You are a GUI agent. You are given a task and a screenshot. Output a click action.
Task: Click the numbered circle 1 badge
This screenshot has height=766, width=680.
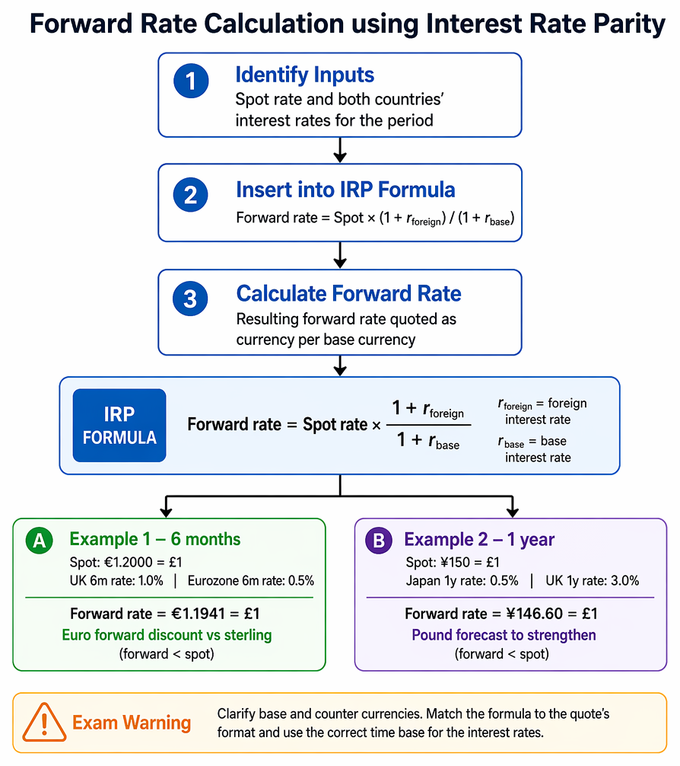pyautogui.click(x=191, y=81)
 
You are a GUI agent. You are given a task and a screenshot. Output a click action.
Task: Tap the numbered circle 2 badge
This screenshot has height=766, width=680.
pyautogui.click(x=190, y=194)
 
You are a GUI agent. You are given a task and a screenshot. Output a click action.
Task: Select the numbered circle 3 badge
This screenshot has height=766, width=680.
pyautogui.click(x=190, y=298)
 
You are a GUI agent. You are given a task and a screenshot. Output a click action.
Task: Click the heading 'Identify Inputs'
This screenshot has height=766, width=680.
pyautogui.click(x=304, y=75)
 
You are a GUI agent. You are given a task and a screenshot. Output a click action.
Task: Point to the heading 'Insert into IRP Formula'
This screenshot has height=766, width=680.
pyautogui.click(x=345, y=190)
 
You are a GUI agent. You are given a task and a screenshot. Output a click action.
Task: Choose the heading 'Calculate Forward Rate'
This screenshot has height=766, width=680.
pyautogui.click(x=348, y=294)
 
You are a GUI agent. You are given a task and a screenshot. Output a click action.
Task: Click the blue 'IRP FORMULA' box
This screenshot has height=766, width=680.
pyautogui.click(x=119, y=426)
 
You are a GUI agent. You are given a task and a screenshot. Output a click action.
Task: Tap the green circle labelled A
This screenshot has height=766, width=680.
pyautogui.click(x=39, y=541)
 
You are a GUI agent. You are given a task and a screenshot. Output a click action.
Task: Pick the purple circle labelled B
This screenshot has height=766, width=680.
pyautogui.click(x=379, y=541)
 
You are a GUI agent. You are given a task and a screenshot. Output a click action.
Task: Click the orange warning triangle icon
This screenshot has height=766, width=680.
pyautogui.click(x=44, y=723)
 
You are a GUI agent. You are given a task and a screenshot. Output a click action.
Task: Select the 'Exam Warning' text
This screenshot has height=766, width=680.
pyautogui.click(x=132, y=723)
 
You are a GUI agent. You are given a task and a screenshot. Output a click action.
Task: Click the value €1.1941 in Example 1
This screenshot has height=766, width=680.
pyautogui.click(x=199, y=614)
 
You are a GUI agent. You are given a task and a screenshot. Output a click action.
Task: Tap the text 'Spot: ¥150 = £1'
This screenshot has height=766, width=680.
pyautogui.click(x=453, y=562)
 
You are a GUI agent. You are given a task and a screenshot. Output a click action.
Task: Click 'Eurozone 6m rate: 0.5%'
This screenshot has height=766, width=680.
pyautogui.click(x=251, y=581)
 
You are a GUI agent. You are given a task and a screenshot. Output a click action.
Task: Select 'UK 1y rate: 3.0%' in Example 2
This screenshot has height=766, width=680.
pyautogui.click(x=592, y=581)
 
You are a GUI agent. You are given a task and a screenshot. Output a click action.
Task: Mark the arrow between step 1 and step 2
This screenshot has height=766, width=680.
pyautogui.click(x=340, y=150)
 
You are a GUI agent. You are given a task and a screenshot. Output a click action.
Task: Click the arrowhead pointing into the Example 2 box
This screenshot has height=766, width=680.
pyautogui.click(x=512, y=512)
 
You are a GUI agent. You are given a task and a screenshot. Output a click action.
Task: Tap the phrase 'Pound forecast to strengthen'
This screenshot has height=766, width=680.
pyautogui.click(x=504, y=635)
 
